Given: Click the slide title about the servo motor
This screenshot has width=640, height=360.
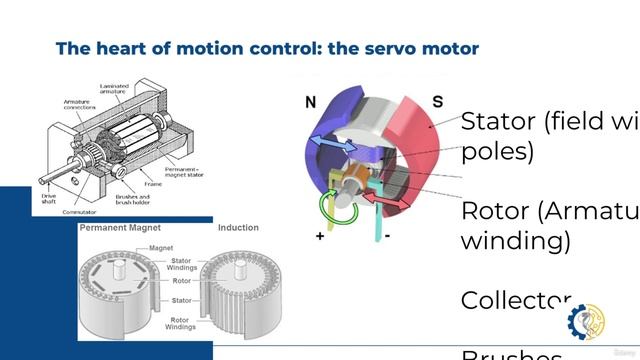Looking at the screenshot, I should tap(267, 48).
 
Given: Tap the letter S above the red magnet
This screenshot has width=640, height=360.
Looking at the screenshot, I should tap(438, 101).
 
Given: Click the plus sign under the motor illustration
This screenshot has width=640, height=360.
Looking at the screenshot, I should tap(320, 236).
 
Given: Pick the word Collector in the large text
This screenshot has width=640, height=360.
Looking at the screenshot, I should tap(515, 300).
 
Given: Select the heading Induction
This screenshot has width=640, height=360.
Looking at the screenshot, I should tap(238, 228).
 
